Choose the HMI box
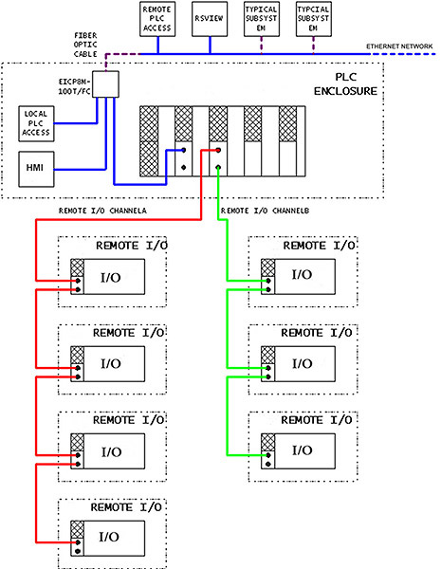pyautogui.click(x=34, y=168)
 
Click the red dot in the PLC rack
pyautogui.click(x=219, y=149)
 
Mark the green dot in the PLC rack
pyautogui.click(x=219, y=167)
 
